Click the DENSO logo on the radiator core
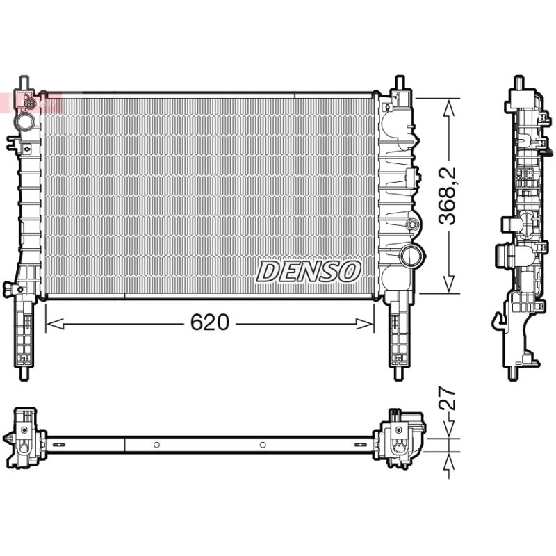[309, 272]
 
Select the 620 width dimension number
[210, 322]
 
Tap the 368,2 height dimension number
[446, 196]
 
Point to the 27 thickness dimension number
[448, 398]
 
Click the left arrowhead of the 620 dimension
[56, 324]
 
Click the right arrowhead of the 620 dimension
[364, 324]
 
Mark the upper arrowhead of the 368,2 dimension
[448, 108]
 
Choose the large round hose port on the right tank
[412, 254]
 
